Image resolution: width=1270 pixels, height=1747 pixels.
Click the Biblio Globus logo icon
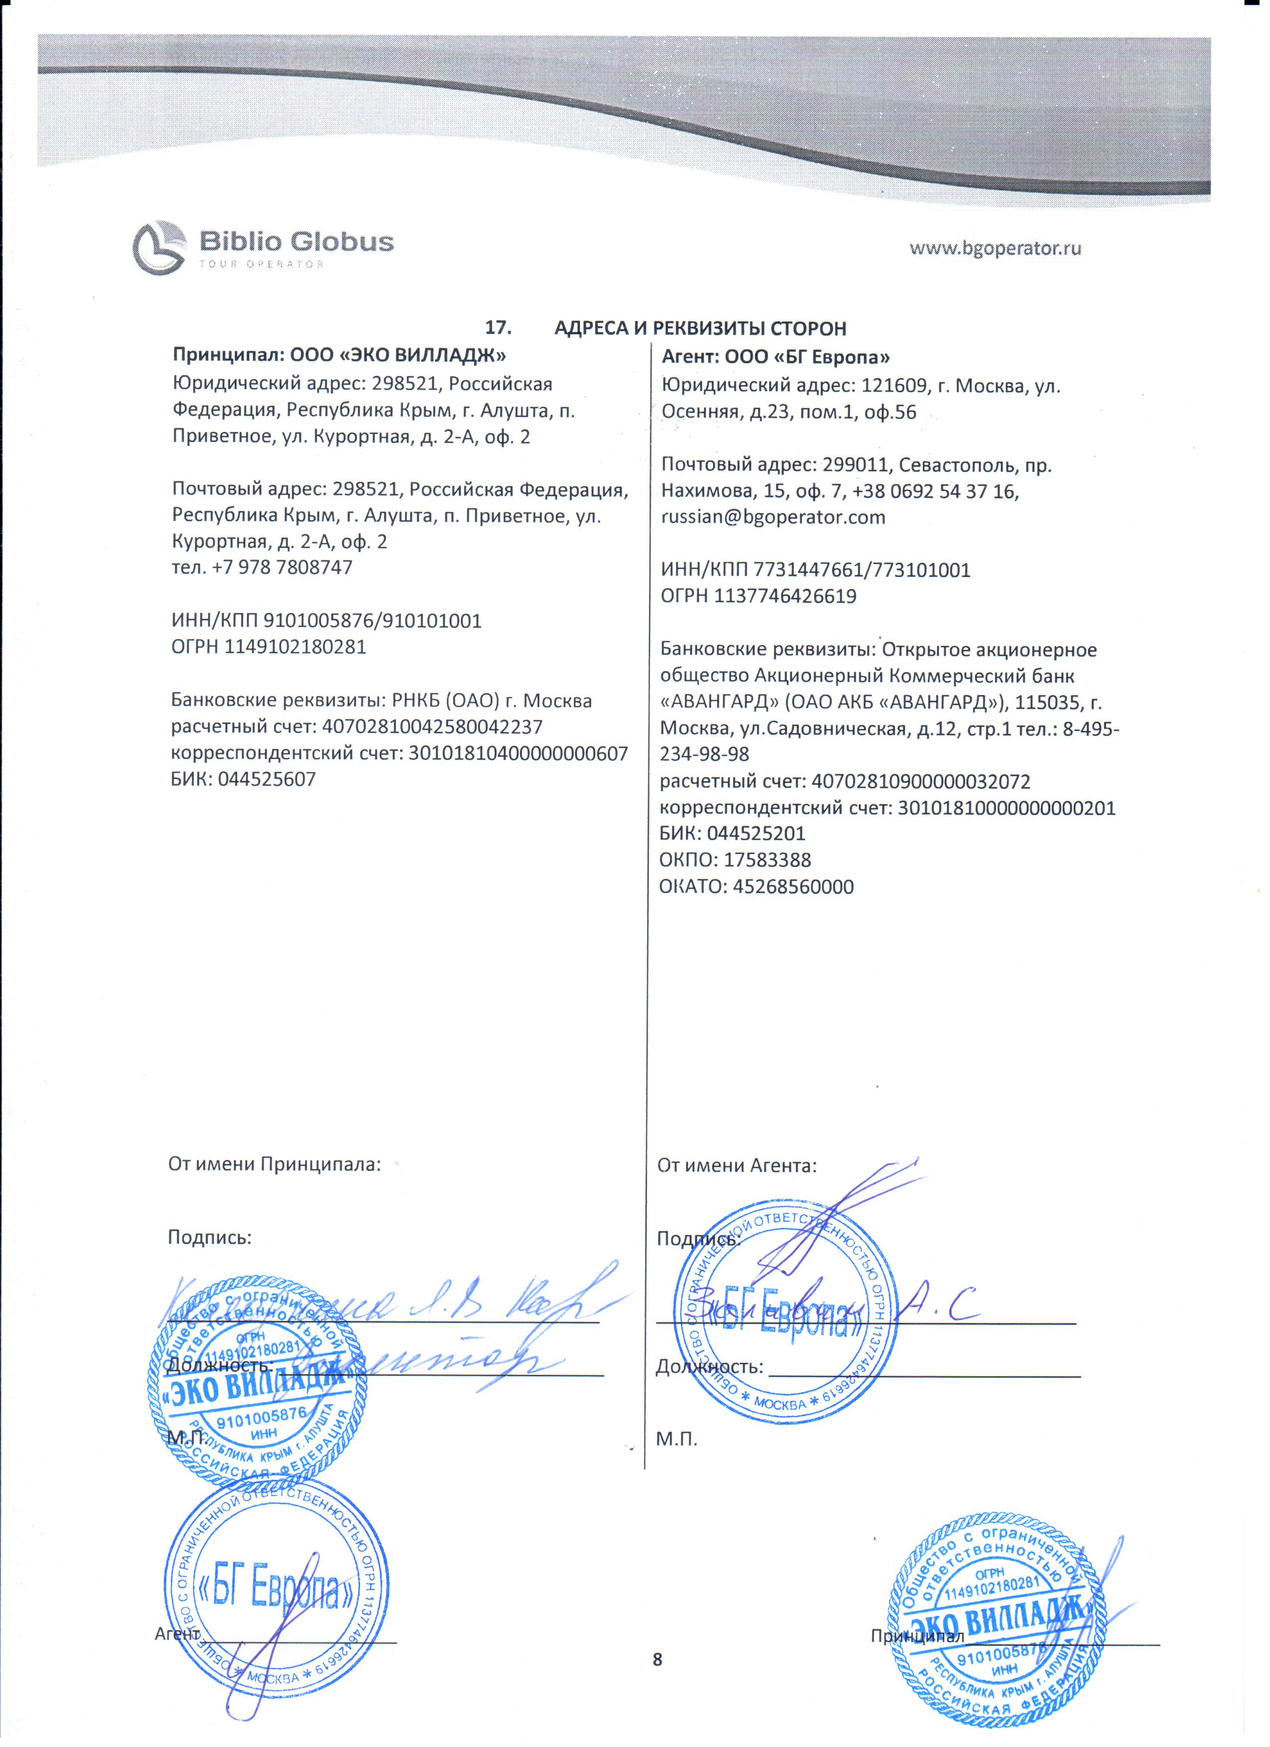click(159, 247)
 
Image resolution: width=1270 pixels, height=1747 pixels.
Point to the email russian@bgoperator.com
click(773, 517)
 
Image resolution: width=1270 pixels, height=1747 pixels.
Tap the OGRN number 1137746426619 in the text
click(786, 596)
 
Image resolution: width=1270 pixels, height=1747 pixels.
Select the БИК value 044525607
click(267, 779)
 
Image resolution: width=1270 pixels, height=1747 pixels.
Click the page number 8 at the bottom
click(657, 1658)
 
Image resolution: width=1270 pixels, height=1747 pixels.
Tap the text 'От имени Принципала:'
click(274, 1164)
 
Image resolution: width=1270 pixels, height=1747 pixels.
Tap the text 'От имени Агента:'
click(736, 1165)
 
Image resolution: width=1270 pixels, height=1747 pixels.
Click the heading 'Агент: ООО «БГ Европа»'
click(776, 357)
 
